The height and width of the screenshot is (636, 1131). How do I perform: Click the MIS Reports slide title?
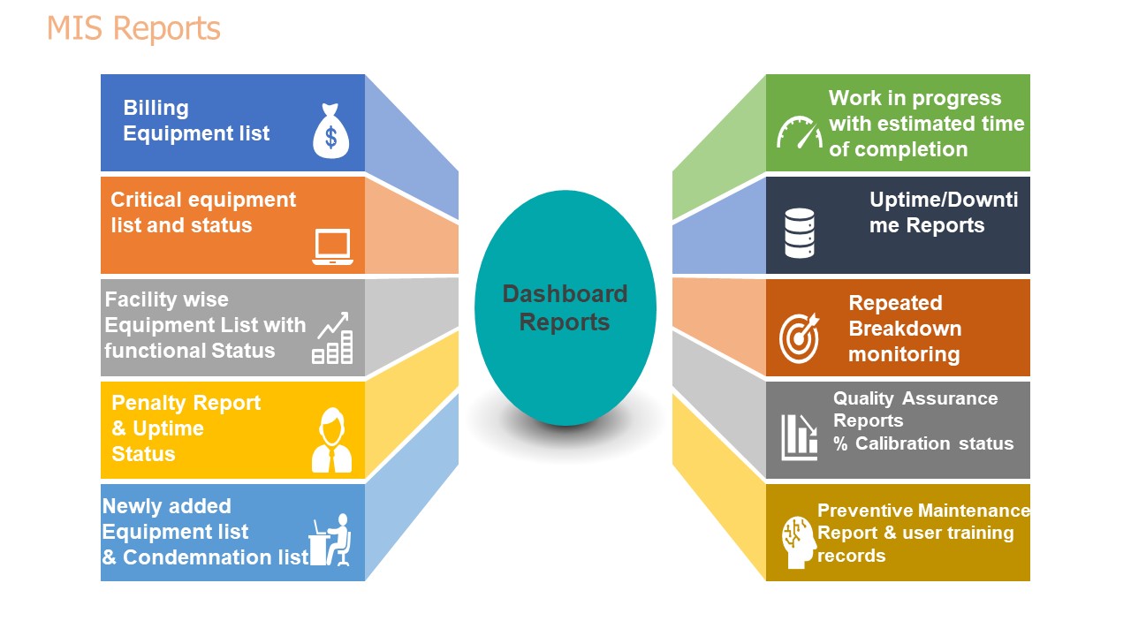(133, 28)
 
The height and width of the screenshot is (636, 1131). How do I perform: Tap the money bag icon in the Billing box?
(331, 132)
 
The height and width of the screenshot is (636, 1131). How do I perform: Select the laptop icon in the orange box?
(332, 246)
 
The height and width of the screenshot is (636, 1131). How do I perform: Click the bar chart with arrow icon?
(332, 337)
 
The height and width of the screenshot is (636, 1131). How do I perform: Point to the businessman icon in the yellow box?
(331, 440)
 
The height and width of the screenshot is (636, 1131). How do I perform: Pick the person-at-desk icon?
(330, 540)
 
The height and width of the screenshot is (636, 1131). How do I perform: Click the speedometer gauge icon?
(800, 132)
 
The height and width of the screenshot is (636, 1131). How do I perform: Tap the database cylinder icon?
(800, 233)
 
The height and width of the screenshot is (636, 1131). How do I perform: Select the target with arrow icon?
(799, 338)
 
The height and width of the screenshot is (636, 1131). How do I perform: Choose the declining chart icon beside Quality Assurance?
(800, 437)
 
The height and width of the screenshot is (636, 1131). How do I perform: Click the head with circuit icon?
(799, 542)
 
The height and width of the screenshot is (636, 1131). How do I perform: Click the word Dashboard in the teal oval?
(565, 294)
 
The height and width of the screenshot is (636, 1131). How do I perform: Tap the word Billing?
(156, 108)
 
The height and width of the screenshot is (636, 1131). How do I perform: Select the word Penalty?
(149, 403)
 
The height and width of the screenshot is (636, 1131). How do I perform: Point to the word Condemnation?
(216, 557)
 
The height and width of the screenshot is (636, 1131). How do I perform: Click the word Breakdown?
(906, 329)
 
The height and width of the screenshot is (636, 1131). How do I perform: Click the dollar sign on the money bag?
(330, 137)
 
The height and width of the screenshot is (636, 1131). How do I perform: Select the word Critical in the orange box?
(146, 200)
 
